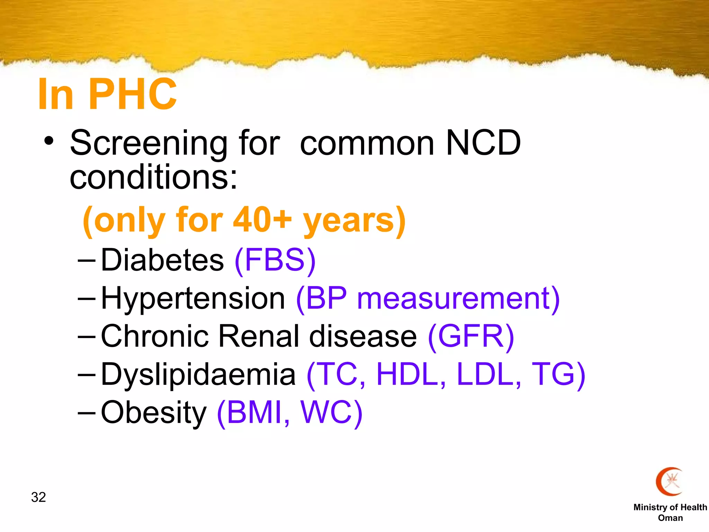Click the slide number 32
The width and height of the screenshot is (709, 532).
[38, 497]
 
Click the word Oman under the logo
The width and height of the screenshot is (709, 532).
[670, 518]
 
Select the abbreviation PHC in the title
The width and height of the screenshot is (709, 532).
[133, 94]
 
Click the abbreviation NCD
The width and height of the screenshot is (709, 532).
[483, 143]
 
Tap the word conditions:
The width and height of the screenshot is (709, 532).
[154, 178]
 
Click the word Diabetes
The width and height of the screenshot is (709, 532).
[162, 260]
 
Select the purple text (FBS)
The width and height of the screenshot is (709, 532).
[275, 260]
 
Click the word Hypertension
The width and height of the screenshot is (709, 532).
[193, 298]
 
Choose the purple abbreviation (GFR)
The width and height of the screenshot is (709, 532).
[471, 336]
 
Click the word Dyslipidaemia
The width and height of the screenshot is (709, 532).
[198, 374]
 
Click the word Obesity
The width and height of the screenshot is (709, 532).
[154, 413]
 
